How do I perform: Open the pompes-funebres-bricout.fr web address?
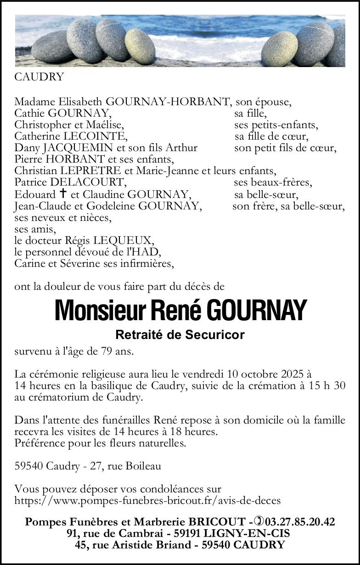[147, 500]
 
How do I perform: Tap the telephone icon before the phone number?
[259, 522]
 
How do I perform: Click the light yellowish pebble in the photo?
[140, 46]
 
